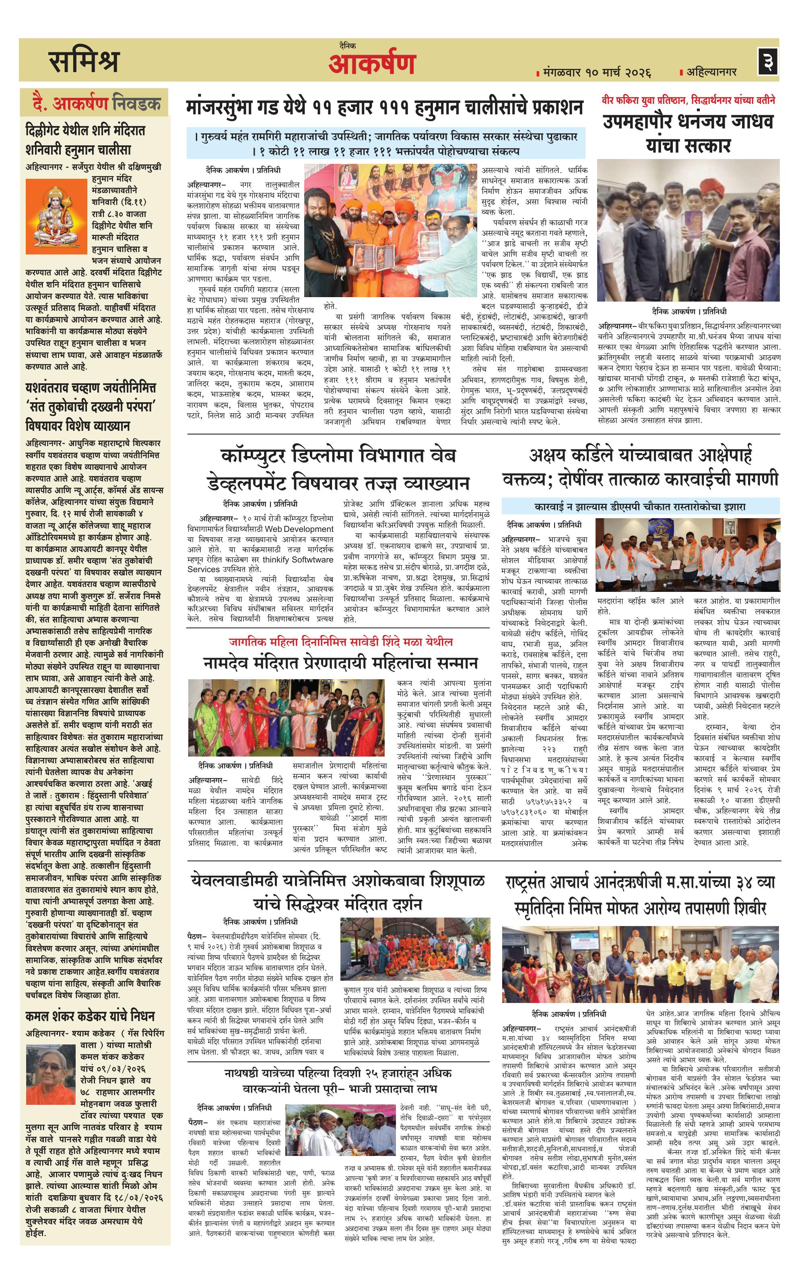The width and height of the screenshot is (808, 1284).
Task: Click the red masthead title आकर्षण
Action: (x=371, y=64)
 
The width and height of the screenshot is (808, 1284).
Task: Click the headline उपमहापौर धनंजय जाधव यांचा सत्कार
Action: (x=688, y=133)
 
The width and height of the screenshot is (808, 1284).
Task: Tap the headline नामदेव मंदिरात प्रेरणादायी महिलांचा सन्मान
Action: (x=340, y=663)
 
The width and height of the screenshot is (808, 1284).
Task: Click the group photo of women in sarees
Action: (x=286, y=717)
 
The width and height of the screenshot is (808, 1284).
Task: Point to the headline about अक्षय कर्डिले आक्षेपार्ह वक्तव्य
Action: (x=640, y=467)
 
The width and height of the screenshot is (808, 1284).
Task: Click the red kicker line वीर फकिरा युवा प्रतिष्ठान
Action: (x=688, y=100)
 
